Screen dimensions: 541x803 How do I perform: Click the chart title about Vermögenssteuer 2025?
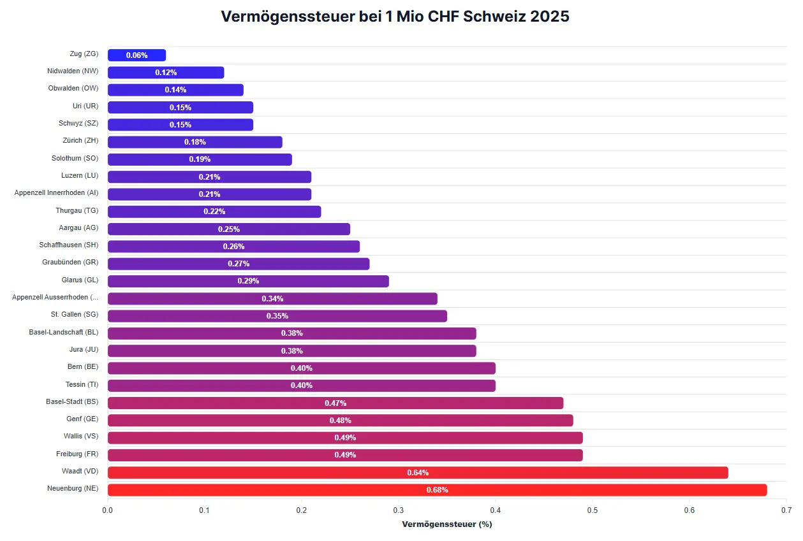click(395, 17)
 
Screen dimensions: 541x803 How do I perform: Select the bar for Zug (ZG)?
click(136, 55)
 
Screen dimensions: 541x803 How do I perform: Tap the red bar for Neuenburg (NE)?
click(437, 490)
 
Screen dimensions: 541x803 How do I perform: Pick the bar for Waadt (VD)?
click(418, 473)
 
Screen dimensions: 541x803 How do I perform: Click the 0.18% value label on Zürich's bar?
click(195, 142)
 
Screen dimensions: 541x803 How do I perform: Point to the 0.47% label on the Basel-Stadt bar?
click(335, 403)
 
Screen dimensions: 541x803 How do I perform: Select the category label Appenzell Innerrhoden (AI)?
click(57, 192)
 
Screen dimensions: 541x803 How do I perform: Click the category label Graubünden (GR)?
click(70, 262)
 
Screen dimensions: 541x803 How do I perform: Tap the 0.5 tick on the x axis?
click(593, 510)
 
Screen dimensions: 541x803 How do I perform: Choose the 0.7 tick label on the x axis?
click(786, 510)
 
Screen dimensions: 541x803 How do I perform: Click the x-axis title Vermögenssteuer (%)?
click(446, 524)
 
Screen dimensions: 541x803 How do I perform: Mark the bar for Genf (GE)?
click(340, 421)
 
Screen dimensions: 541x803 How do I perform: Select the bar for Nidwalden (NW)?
click(166, 73)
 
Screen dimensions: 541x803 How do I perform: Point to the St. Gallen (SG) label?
click(75, 314)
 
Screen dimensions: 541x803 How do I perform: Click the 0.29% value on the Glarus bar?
click(248, 281)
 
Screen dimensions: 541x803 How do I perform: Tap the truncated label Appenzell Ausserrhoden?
click(55, 297)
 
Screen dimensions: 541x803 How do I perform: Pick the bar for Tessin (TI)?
click(301, 386)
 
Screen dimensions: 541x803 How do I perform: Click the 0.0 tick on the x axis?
click(108, 510)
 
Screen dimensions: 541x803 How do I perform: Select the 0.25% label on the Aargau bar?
click(229, 229)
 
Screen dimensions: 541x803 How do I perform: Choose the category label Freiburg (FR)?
click(77, 453)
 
